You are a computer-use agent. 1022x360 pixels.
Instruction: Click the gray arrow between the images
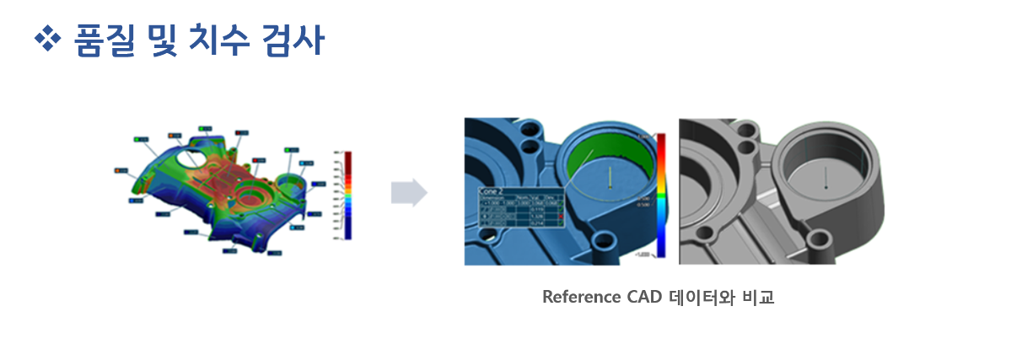[x=409, y=192]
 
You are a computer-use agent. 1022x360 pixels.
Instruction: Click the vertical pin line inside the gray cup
[x=826, y=175]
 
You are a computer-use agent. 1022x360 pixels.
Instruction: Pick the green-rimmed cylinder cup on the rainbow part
[x=288, y=184]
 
